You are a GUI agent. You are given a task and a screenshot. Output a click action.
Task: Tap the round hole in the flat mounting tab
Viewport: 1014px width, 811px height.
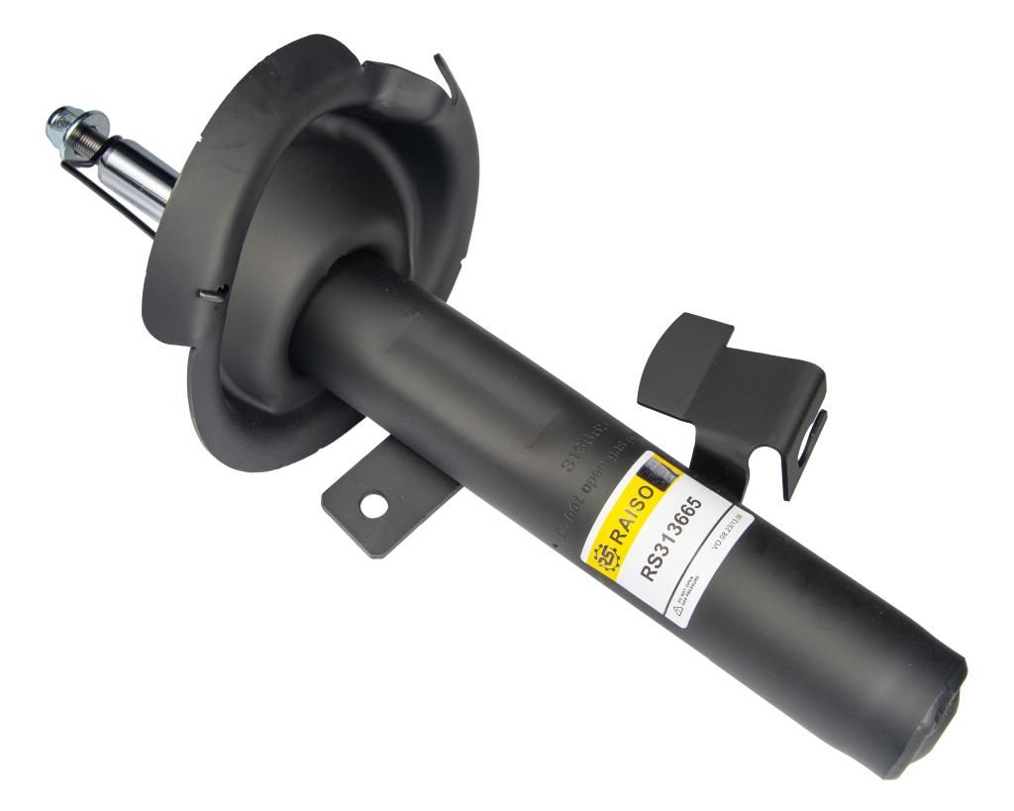[372, 505]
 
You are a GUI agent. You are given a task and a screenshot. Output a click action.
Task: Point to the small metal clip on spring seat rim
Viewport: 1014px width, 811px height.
[211, 293]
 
